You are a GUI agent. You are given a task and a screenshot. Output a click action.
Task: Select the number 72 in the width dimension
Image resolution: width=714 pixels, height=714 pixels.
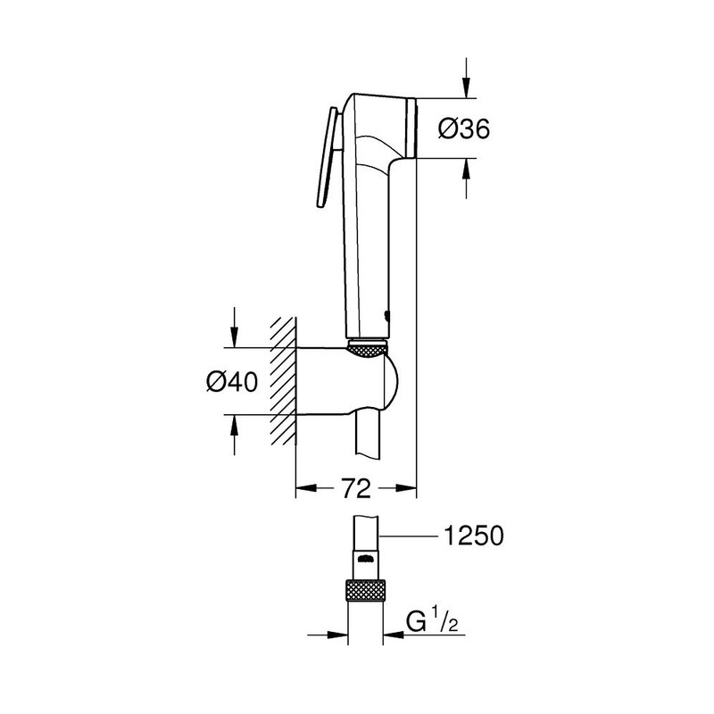coord(356,487)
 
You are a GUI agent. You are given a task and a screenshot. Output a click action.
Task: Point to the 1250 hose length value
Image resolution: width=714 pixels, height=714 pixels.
coord(469,535)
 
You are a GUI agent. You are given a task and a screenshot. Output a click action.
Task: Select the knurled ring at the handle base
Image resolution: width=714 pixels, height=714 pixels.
coord(367,348)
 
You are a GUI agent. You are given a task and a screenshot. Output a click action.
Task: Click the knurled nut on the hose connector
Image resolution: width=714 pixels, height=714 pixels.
coord(366,591)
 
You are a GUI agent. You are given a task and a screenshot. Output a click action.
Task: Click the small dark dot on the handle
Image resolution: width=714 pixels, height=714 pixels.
coord(385,313)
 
